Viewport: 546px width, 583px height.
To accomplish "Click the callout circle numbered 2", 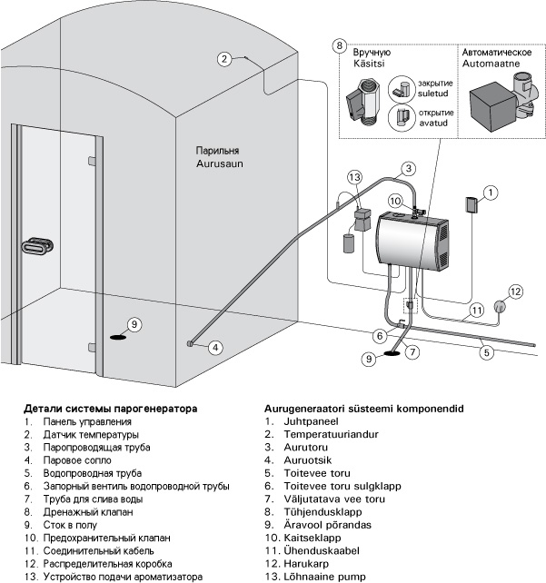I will (x=223, y=60).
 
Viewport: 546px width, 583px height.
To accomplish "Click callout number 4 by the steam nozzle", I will (x=215, y=347).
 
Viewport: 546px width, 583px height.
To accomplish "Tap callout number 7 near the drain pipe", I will (x=412, y=351).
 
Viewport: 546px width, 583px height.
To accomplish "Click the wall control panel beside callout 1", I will (x=471, y=204).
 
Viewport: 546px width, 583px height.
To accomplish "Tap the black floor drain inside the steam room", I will (x=118, y=337).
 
